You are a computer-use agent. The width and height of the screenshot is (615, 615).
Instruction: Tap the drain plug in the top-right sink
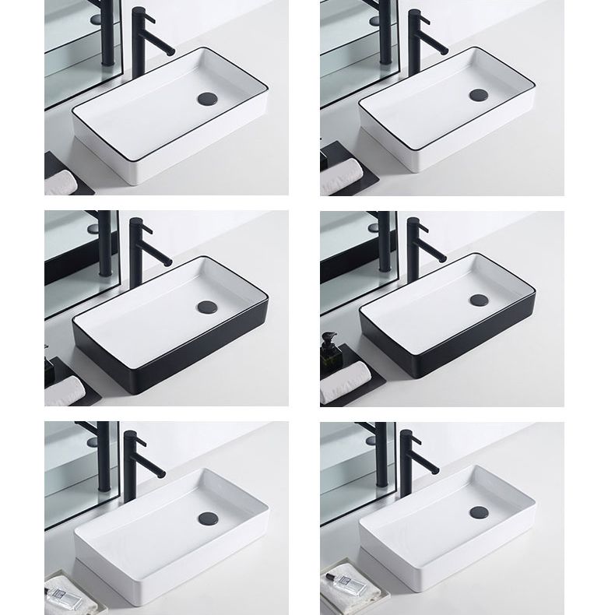[x=478, y=96]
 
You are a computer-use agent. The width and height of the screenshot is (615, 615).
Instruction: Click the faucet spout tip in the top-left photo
[x=172, y=51]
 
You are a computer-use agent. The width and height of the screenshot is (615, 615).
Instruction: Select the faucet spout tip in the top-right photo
[x=444, y=50]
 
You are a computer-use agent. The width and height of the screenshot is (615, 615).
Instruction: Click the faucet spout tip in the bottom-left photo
[x=161, y=473]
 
